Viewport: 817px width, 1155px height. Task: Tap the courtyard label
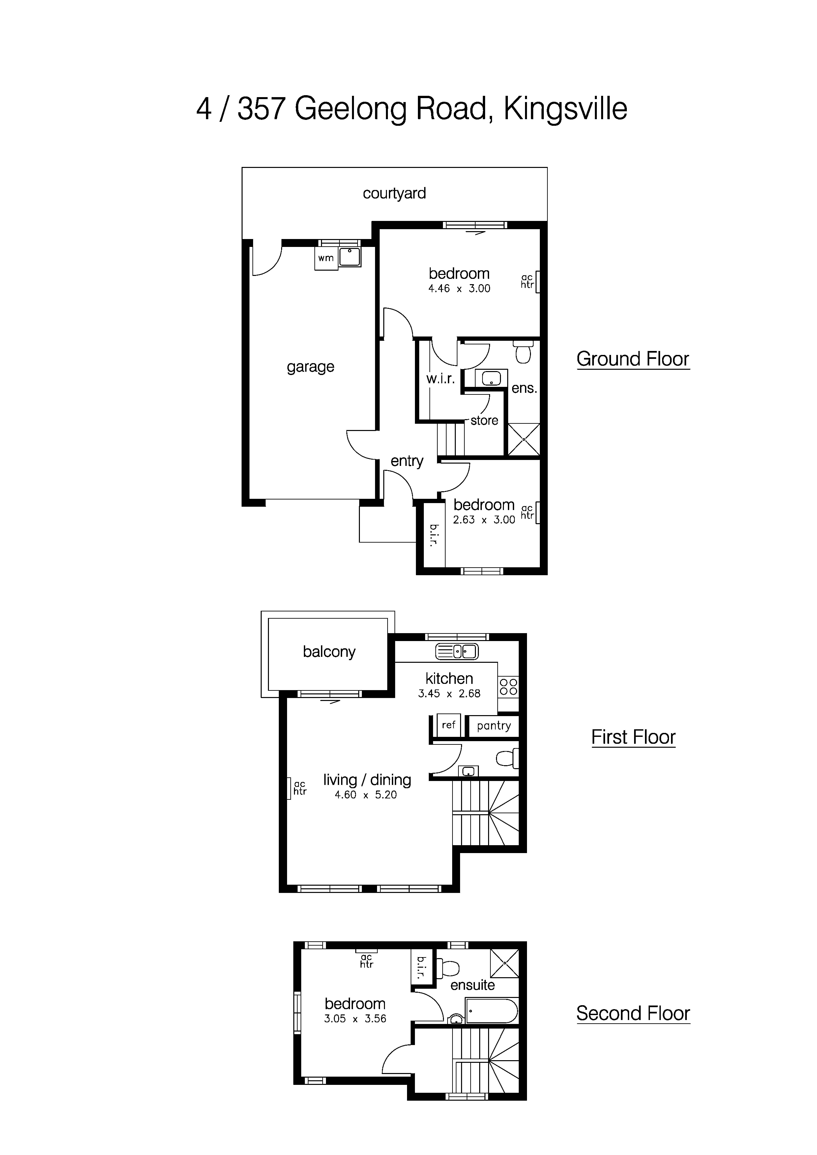394,193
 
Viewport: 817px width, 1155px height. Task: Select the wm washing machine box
326,258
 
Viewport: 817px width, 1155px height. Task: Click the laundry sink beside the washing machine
349,257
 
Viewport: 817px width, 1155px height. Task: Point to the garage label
310,367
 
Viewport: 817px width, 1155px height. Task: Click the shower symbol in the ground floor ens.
524,439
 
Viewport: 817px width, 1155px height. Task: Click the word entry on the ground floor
407,461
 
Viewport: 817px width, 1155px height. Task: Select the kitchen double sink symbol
456,652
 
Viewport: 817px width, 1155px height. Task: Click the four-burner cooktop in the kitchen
508,687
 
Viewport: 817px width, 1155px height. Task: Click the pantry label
493,726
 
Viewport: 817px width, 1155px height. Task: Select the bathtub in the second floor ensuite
491,1011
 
